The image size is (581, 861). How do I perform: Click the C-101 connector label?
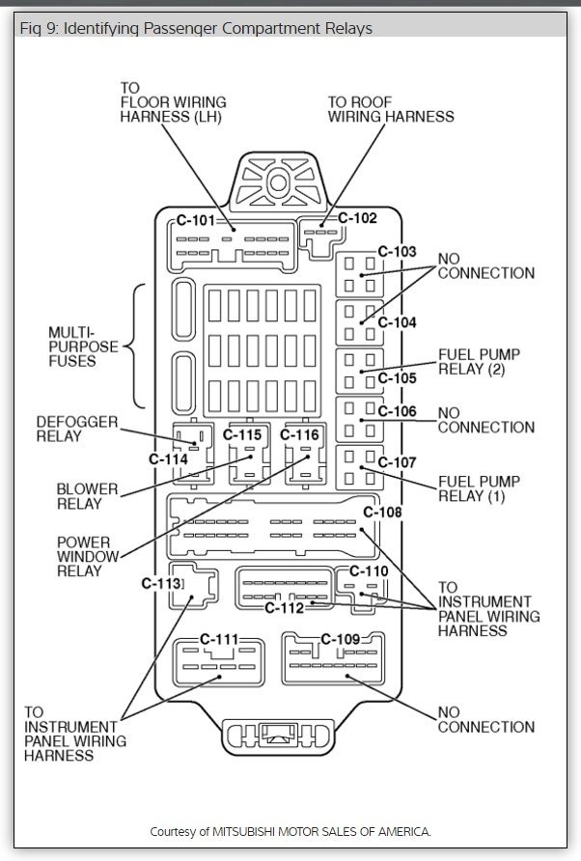(196, 221)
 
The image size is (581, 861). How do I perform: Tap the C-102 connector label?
(357, 218)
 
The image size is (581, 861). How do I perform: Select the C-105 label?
(397, 378)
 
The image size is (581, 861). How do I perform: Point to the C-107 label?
(397, 462)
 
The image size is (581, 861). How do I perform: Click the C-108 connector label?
(382, 512)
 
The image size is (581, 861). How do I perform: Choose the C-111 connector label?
(219, 639)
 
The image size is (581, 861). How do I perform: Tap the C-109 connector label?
(340, 639)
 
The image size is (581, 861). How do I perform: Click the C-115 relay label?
(243, 435)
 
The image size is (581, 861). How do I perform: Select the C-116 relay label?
(300, 435)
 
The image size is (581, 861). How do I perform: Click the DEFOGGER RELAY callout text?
(76, 430)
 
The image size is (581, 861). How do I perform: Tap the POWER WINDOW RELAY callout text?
(88, 556)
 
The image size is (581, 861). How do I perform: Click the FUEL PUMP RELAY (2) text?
(479, 362)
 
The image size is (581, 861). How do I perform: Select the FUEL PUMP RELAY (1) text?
(479, 488)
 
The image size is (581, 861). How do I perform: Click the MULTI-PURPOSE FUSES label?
(83, 347)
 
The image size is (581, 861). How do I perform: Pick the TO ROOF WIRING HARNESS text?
(390, 109)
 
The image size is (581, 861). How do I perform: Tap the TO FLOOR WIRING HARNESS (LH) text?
(174, 101)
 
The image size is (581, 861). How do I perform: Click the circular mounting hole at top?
(278, 181)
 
